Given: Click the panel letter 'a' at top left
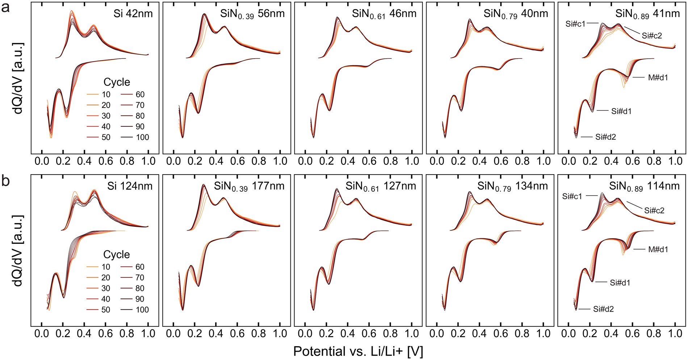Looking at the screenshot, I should click(x=6, y=8).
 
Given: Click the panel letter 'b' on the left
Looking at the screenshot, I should click(x=6, y=181).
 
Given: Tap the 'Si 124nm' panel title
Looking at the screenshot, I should click(x=130, y=186).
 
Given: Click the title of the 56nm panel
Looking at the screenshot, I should click(x=252, y=14).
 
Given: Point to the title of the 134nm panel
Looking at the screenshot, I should click(x=512, y=187).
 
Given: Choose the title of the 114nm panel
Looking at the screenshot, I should click(x=644, y=187).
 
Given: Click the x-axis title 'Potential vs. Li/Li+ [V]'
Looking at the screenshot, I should click(x=358, y=351).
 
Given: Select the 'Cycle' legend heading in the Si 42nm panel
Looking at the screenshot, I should click(x=117, y=82).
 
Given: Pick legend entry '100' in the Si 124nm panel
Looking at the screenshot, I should click(x=142, y=310).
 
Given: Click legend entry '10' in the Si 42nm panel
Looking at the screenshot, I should click(x=106, y=95).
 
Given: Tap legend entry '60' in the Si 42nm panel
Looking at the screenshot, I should click(x=140, y=95).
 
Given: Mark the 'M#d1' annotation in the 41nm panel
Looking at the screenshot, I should click(x=658, y=78).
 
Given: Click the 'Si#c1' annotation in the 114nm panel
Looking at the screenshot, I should click(x=572, y=197).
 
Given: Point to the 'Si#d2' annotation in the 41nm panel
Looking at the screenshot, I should click(x=605, y=137).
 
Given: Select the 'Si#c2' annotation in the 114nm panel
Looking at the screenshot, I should click(x=654, y=210).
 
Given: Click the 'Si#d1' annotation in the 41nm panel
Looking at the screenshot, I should click(x=621, y=111).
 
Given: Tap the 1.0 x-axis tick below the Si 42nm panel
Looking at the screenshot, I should click(x=148, y=161).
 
